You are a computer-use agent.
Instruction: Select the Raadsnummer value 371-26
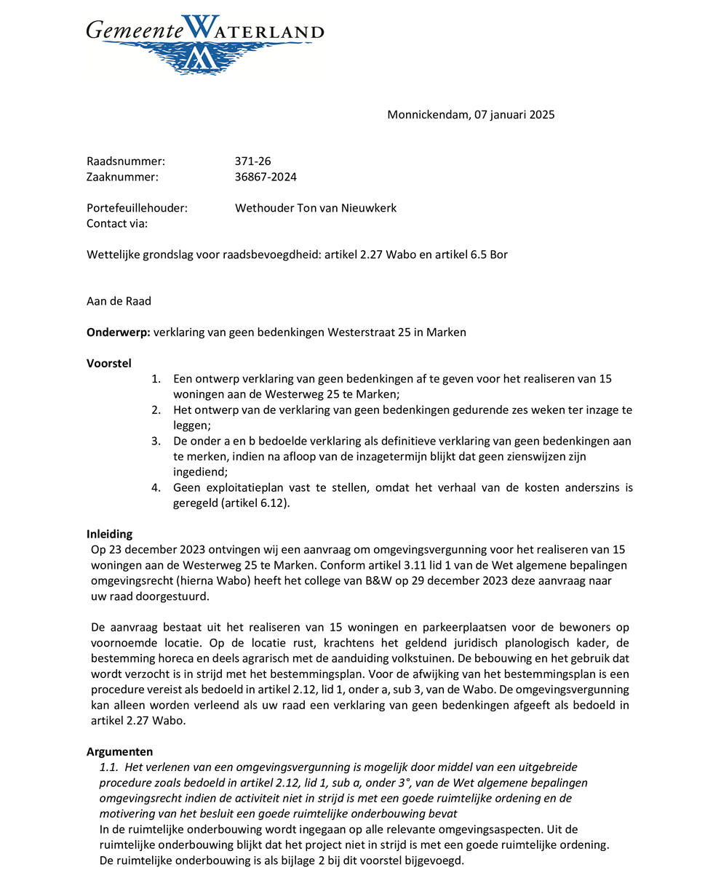(252, 161)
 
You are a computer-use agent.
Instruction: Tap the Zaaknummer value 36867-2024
(266, 177)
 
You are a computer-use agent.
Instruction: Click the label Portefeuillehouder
(137, 208)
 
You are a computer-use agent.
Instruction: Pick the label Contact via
(117, 223)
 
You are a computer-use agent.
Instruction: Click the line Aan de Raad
(119, 301)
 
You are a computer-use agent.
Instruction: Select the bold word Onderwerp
(118, 332)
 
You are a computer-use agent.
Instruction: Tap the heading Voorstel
(109, 363)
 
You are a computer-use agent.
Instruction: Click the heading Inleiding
(109, 534)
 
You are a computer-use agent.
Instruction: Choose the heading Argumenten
(120, 751)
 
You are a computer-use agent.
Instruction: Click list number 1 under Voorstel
(155, 379)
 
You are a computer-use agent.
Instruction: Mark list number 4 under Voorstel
(156, 487)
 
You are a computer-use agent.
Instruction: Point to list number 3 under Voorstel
(156, 441)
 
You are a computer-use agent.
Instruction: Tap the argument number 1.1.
(108, 767)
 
